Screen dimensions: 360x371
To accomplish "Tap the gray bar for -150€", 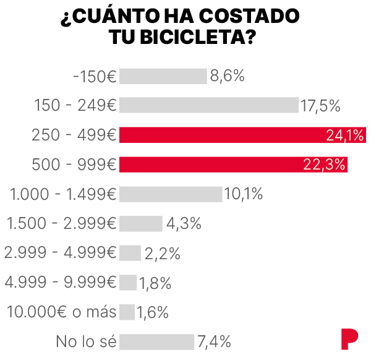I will pyautogui.click(x=163, y=76).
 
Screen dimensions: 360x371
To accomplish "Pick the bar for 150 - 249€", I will pyautogui.click(x=208, y=105).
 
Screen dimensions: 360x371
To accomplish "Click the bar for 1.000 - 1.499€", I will pyautogui.click(x=170, y=194).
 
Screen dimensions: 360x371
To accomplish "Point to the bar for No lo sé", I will pyautogui.click(x=156, y=341).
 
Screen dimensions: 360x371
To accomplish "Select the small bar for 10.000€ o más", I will pyautogui.click(x=127, y=312).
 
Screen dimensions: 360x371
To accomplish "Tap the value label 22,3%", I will pyautogui.click(x=324, y=165).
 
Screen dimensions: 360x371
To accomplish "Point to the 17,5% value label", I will pyautogui.click(x=320, y=106).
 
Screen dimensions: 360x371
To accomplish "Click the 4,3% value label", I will pyautogui.click(x=184, y=223).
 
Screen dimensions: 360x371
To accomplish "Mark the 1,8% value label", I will pyautogui.click(x=155, y=283).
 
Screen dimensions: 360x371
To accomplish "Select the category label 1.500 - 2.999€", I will pyautogui.click(x=61, y=223).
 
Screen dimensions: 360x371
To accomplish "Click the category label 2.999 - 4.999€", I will pyautogui.click(x=60, y=253).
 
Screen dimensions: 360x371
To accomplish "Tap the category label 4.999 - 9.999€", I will pyautogui.click(x=60, y=283).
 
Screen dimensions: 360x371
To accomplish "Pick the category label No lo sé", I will pyautogui.click(x=86, y=341).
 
